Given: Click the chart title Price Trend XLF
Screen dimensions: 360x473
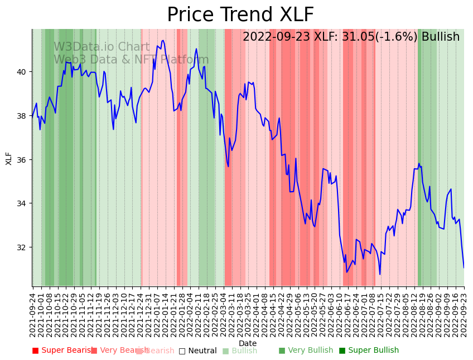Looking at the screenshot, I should coord(240,15).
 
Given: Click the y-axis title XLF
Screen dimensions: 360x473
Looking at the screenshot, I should coord(9,158).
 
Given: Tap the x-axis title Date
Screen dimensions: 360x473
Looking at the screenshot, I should coord(248,343).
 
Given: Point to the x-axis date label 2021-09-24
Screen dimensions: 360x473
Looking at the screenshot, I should coord(33,313).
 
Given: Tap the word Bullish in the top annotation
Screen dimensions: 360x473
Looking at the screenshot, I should coord(441,37).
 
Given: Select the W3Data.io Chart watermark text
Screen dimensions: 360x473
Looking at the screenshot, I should coord(102,47).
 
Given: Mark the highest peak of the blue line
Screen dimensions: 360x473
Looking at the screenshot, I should coord(163,40).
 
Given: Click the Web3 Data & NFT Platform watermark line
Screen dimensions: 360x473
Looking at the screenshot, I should coord(131,60).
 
